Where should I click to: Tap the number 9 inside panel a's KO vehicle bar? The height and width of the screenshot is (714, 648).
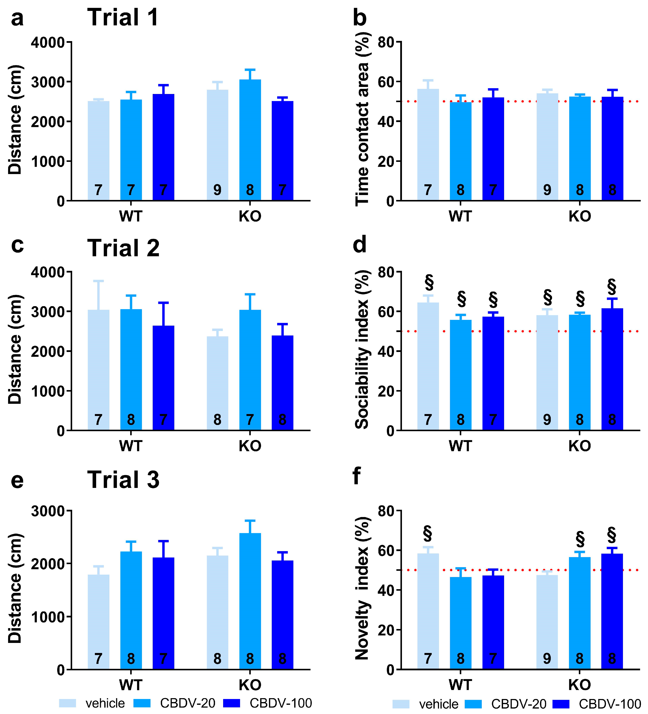[217, 190]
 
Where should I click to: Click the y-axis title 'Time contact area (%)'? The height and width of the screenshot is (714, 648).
[362, 119]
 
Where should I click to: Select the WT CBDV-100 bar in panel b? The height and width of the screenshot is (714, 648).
[493, 149]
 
